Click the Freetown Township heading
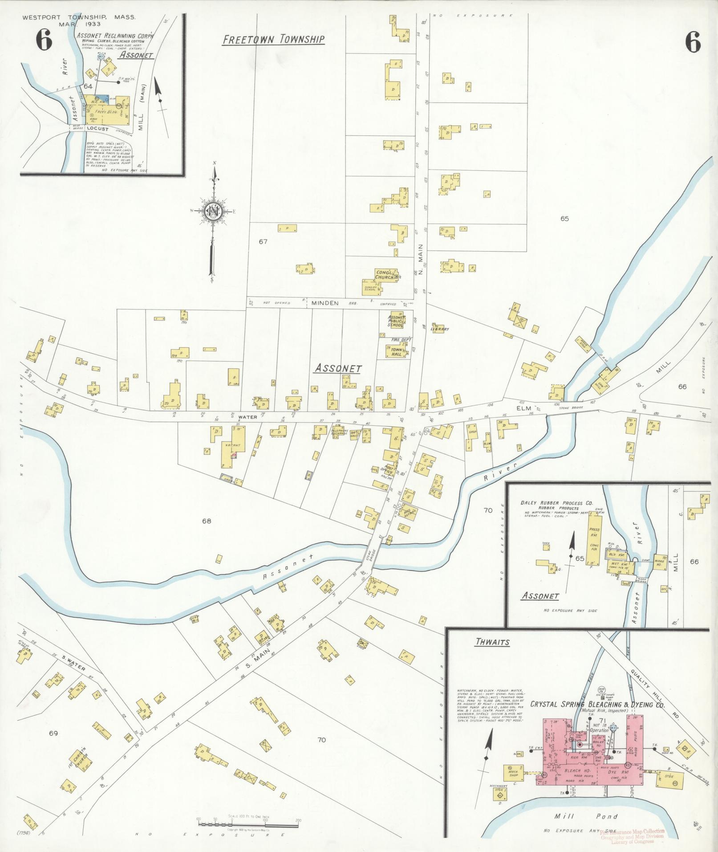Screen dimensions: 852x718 (x=273, y=40)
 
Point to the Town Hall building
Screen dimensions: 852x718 (x=396, y=351)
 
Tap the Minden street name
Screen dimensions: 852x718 (x=325, y=303)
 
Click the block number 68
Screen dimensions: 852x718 (x=206, y=521)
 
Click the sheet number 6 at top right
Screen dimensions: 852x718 (x=693, y=43)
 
